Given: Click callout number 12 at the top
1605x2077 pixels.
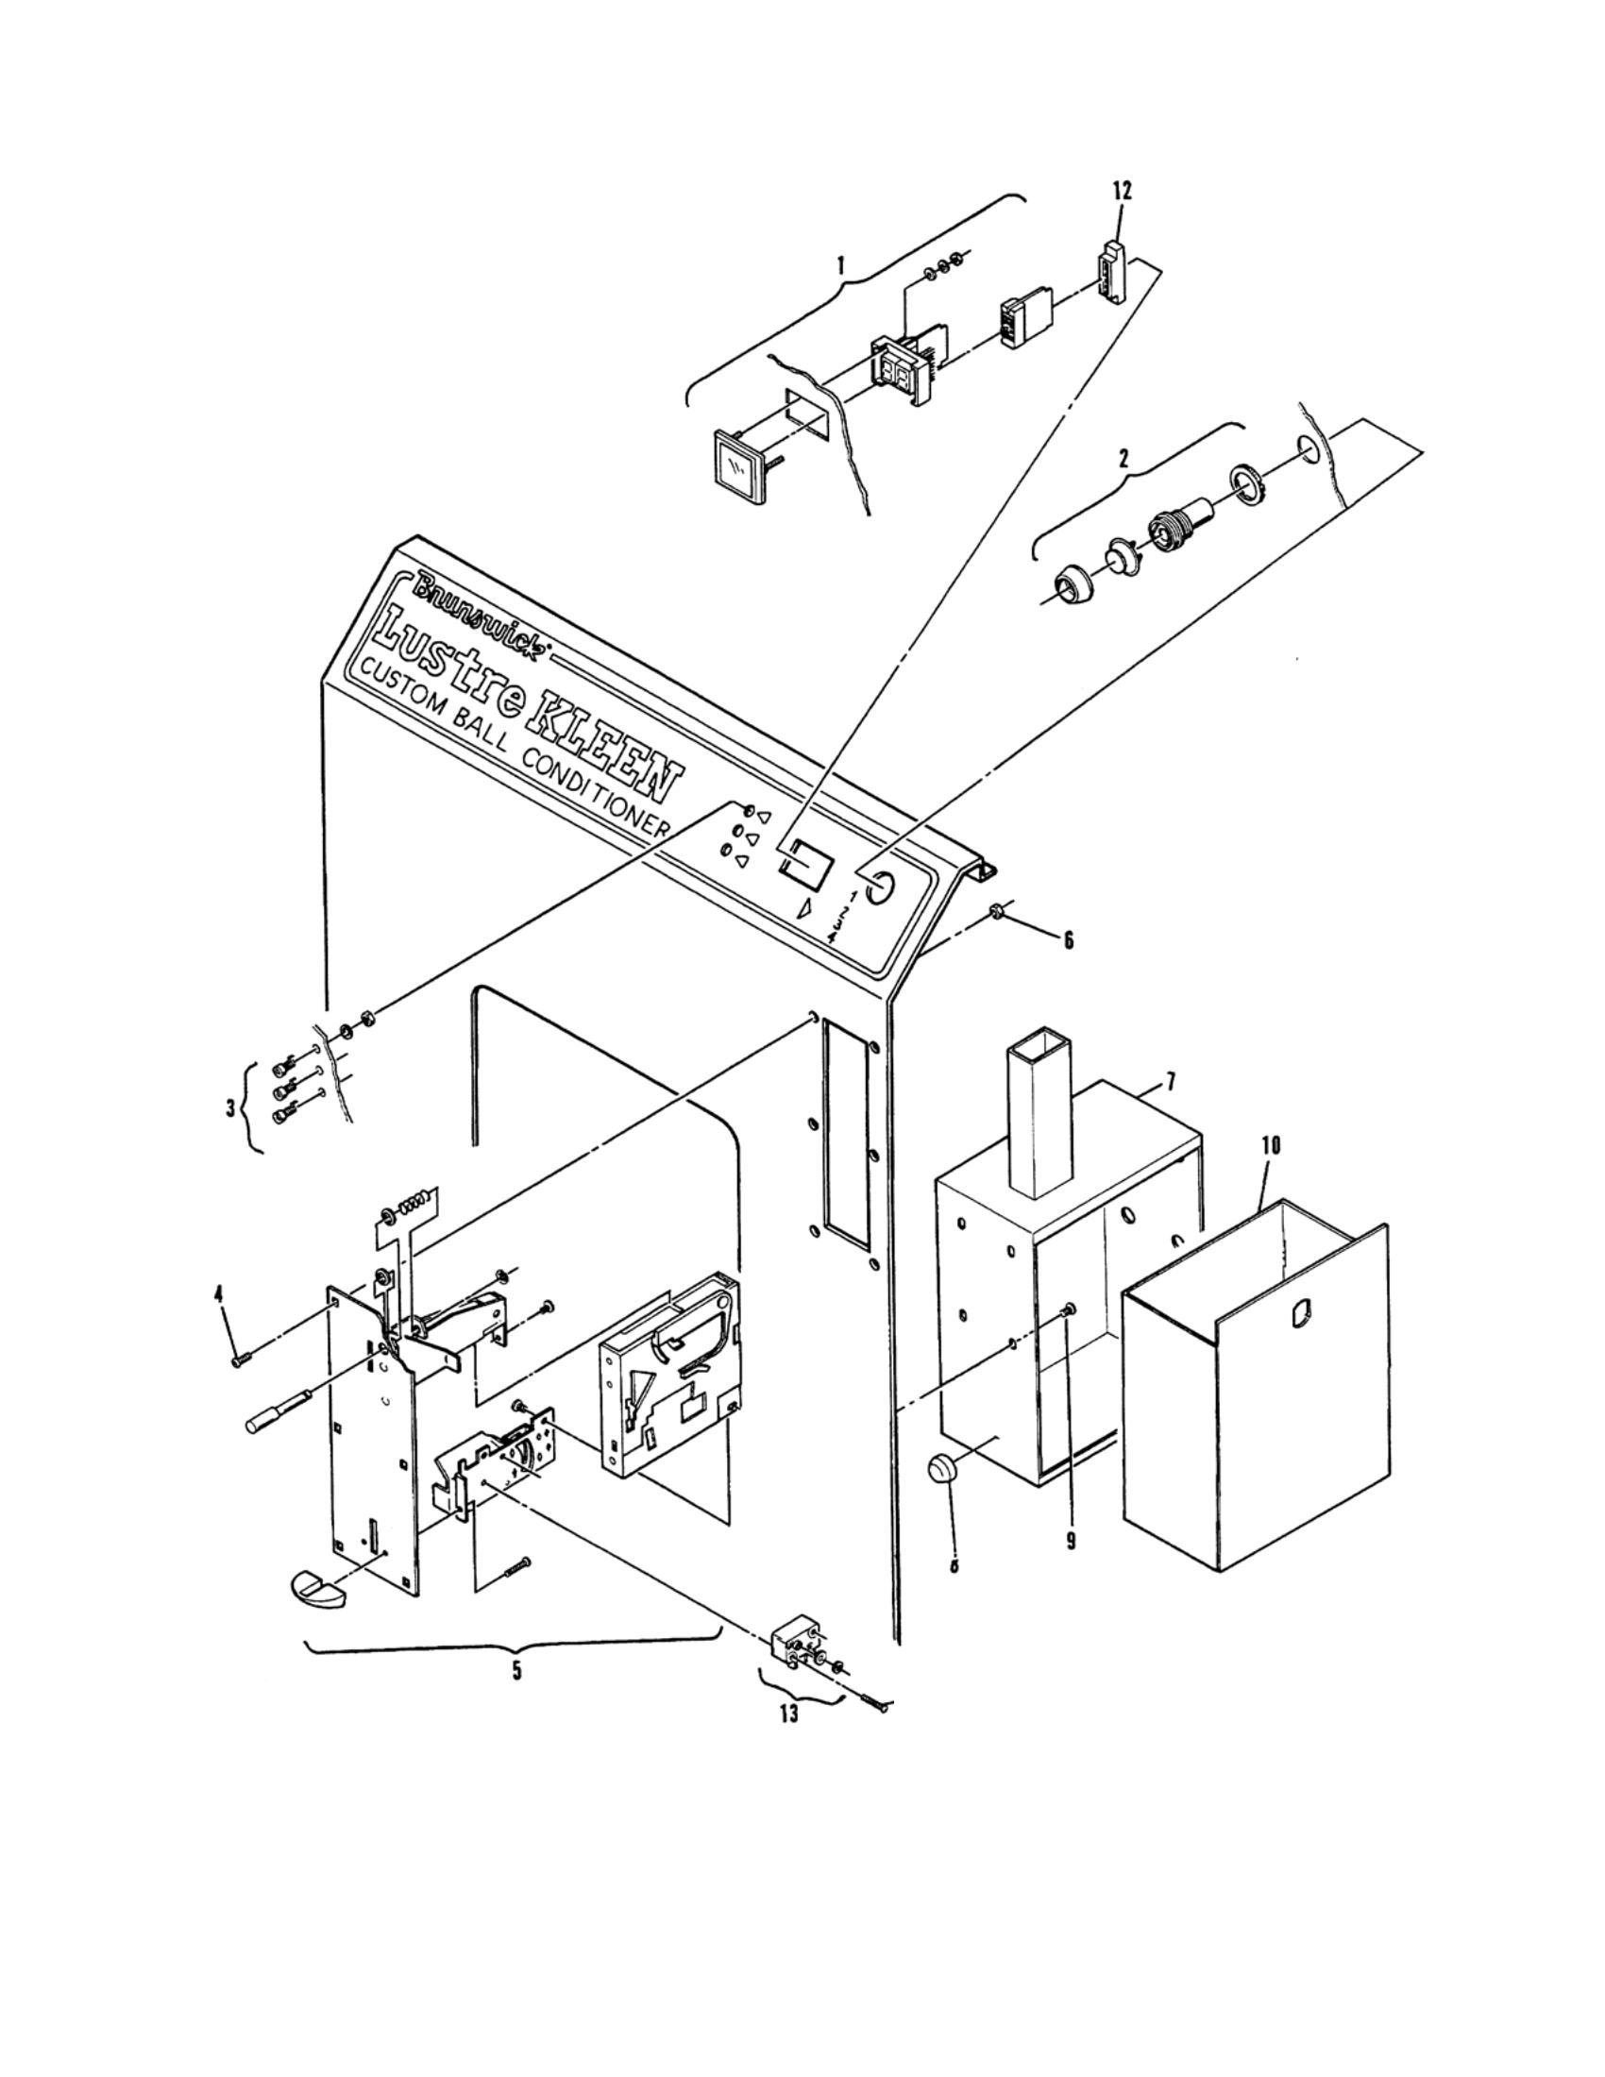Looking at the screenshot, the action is [1122, 190].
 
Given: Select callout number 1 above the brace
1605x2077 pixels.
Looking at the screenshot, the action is [839, 266].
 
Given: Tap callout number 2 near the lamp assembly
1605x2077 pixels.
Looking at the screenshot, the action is [1124, 459].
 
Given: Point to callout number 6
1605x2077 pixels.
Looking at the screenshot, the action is [1068, 939].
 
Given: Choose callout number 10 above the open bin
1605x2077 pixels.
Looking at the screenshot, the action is [1270, 1146].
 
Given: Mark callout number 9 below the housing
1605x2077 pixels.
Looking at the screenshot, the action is [1071, 1542].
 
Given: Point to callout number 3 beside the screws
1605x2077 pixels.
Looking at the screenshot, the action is [231, 1109].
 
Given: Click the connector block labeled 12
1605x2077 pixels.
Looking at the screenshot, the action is [1111, 270].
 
